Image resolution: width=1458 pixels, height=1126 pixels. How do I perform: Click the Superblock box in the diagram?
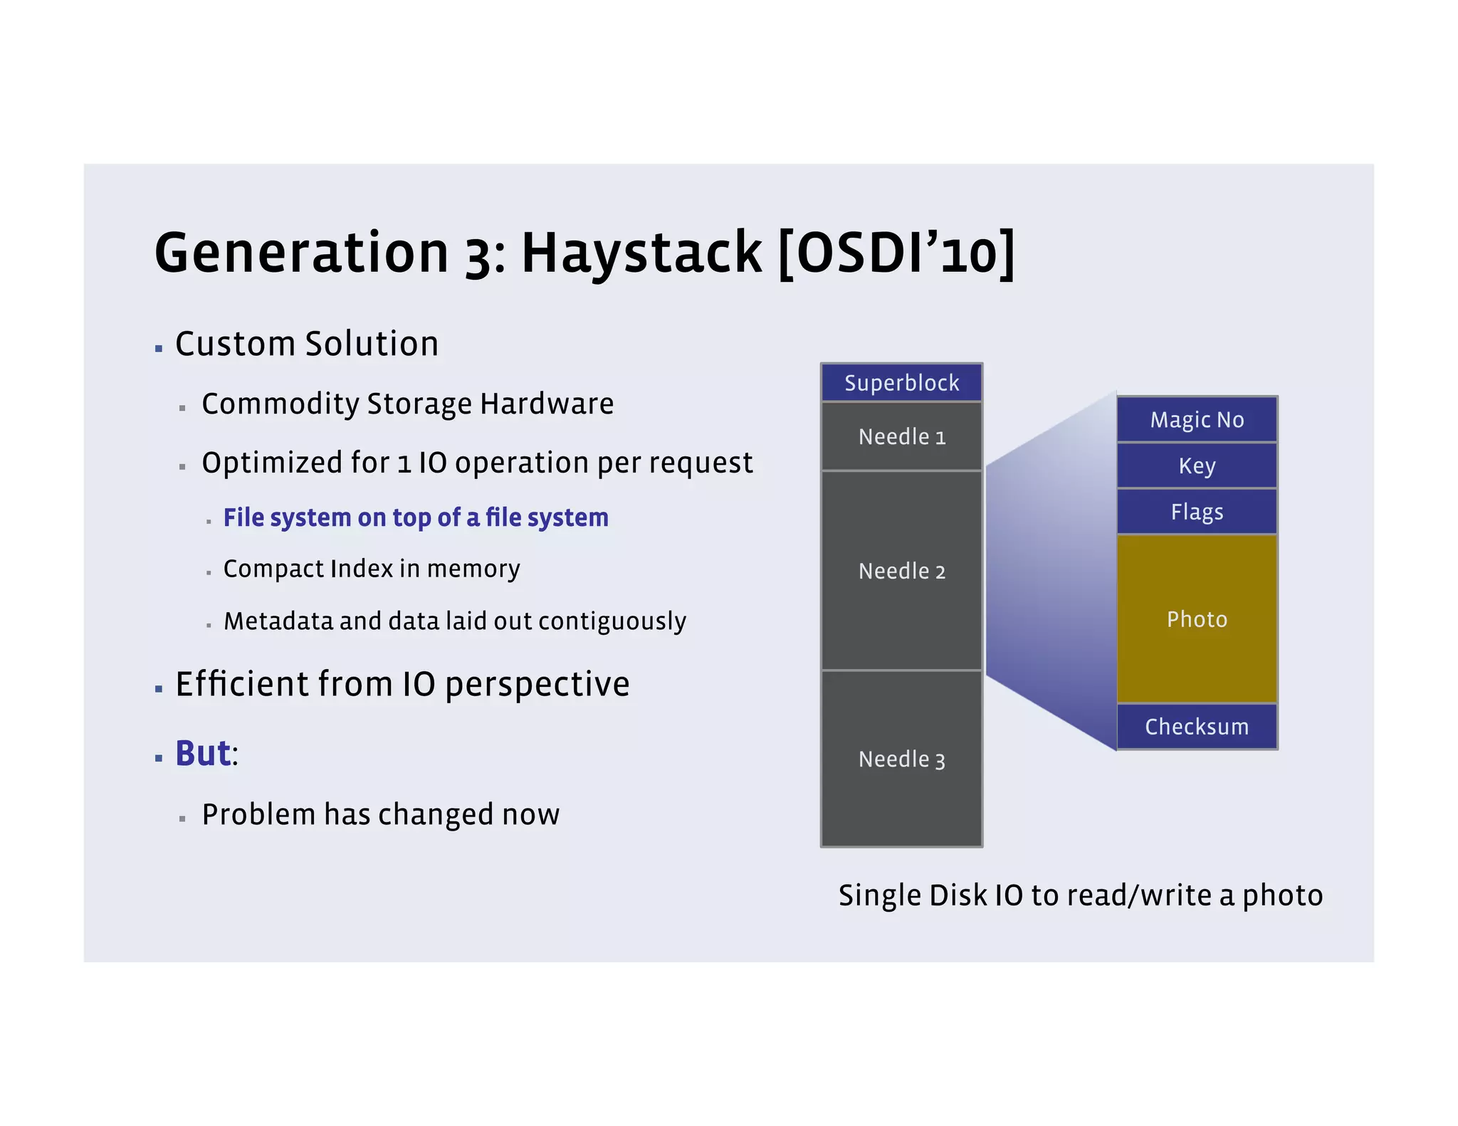(901, 383)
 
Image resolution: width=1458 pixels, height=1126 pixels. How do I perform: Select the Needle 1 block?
(901, 436)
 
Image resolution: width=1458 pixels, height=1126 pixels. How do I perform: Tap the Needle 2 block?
(901, 571)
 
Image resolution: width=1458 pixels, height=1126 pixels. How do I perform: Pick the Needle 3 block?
(901, 759)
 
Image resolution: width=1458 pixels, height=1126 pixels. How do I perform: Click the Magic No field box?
(1197, 419)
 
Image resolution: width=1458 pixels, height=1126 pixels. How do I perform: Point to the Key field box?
(1197, 465)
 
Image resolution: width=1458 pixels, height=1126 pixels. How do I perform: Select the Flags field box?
(1197, 512)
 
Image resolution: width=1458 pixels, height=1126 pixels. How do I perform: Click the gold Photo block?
(1197, 619)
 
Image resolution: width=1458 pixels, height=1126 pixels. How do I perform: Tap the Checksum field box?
(1197, 727)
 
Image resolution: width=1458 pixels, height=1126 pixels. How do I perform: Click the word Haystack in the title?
(641, 253)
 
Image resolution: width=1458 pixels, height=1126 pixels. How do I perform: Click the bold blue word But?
(203, 754)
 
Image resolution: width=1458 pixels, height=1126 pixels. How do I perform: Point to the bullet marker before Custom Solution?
(159, 349)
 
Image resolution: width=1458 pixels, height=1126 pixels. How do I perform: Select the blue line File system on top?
(416, 517)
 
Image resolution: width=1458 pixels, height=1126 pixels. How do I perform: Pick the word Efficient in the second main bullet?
(241, 684)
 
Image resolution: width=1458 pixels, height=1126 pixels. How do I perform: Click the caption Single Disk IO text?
(1080, 895)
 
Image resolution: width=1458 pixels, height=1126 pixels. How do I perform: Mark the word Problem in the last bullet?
(258, 814)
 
